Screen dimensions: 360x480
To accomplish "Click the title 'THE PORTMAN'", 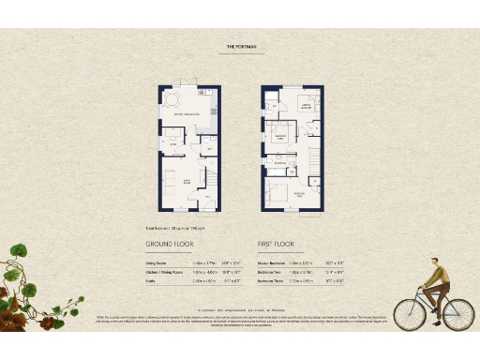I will click(x=239, y=45).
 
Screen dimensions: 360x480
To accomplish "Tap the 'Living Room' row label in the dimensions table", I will click(x=156, y=263).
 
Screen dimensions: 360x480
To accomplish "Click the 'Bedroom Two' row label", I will click(x=270, y=272).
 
